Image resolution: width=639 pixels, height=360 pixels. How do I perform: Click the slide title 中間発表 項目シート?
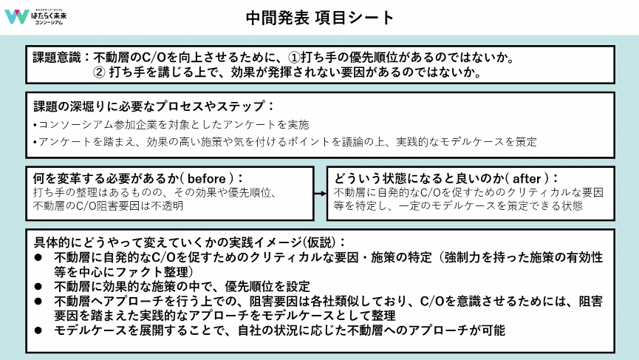pyautogui.click(x=320, y=18)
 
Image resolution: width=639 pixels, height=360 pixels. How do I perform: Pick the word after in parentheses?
pyautogui.click(x=525, y=178)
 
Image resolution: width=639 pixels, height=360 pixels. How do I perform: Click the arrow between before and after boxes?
pyautogui.click(x=320, y=193)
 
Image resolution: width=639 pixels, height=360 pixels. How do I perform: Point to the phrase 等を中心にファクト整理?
pyautogui.click(x=103, y=271)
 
